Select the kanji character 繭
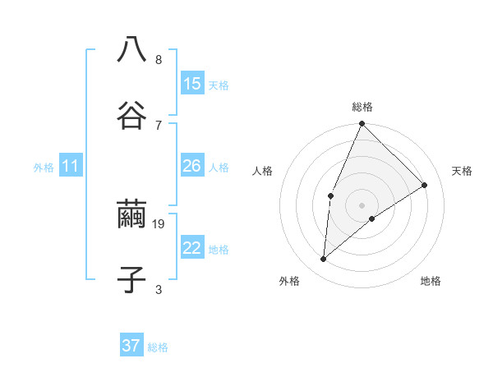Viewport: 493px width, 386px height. click(x=131, y=214)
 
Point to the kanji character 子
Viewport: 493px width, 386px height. click(x=131, y=280)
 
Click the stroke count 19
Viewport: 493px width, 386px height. click(x=159, y=223)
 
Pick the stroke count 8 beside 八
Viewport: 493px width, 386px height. click(x=159, y=59)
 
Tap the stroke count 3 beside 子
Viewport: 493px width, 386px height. click(x=159, y=289)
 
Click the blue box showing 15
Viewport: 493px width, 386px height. click(x=192, y=84)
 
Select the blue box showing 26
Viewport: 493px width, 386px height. click(x=192, y=166)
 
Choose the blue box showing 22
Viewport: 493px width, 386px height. click(x=192, y=248)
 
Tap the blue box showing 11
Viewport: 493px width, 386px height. click(x=71, y=167)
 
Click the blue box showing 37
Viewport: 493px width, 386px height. click(x=131, y=346)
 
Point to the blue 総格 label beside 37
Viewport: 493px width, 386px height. click(x=158, y=347)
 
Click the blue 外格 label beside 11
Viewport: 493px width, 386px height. click(x=44, y=168)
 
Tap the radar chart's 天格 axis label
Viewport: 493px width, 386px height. click(x=463, y=171)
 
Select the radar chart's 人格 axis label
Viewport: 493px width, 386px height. click(x=262, y=171)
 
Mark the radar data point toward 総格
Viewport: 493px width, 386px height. click(x=362, y=124)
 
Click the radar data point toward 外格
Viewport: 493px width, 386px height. click(x=324, y=260)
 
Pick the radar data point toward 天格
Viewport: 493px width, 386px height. click(x=425, y=185)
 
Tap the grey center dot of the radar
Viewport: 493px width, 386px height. click(x=362, y=204)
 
